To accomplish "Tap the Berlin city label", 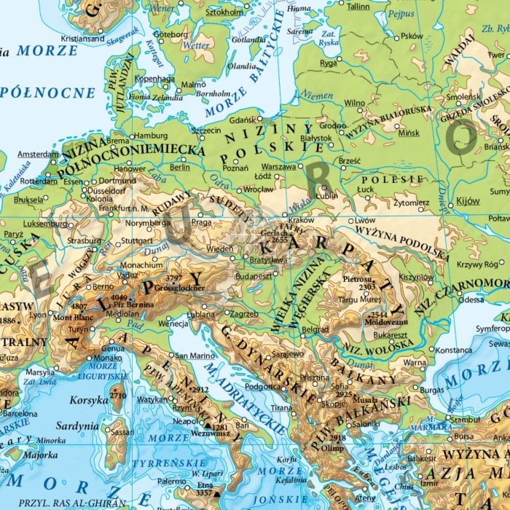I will coord(179,167).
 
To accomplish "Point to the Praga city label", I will coord(201,222).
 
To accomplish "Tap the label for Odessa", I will coord(471,299).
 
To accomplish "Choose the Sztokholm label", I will coord(224,12).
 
